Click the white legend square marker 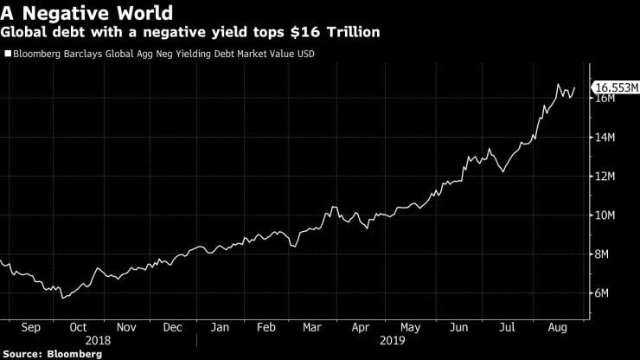pyautogui.click(x=8, y=54)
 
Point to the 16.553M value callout pyautogui.click(x=616, y=87)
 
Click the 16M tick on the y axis pyautogui.click(x=604, y=99)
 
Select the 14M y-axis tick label pyautogui.click(x=604, y=138)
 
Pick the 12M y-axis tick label pyautogui.click(x=604, y=177)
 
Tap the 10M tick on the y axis pyautogui.click(x=604, y=215)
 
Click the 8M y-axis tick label pyautogui.click(x=601, y=254)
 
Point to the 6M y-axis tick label pyautogui.click(x=601, y=293)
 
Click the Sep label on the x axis pyautogui.click(x=31, y=328)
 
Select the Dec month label pyautogui.click(x=172, y=328)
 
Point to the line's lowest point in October pyautogui.click(x=62, y=298)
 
